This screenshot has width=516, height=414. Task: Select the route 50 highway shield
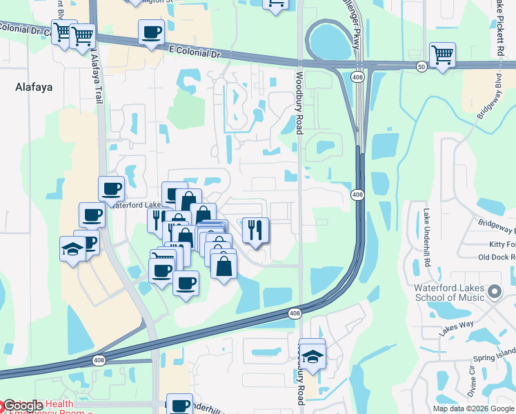tap(421, 66)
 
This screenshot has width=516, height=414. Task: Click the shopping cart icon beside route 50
tap(441, 56)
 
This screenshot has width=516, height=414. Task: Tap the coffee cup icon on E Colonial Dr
tap(151, 32)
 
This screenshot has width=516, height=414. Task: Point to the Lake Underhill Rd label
tap(427, 230)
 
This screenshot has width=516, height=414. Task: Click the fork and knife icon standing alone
tap(255, 230)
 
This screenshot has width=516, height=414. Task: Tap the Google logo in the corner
tap(22, 406)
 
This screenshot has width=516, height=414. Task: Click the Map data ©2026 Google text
tap(474, 408)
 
